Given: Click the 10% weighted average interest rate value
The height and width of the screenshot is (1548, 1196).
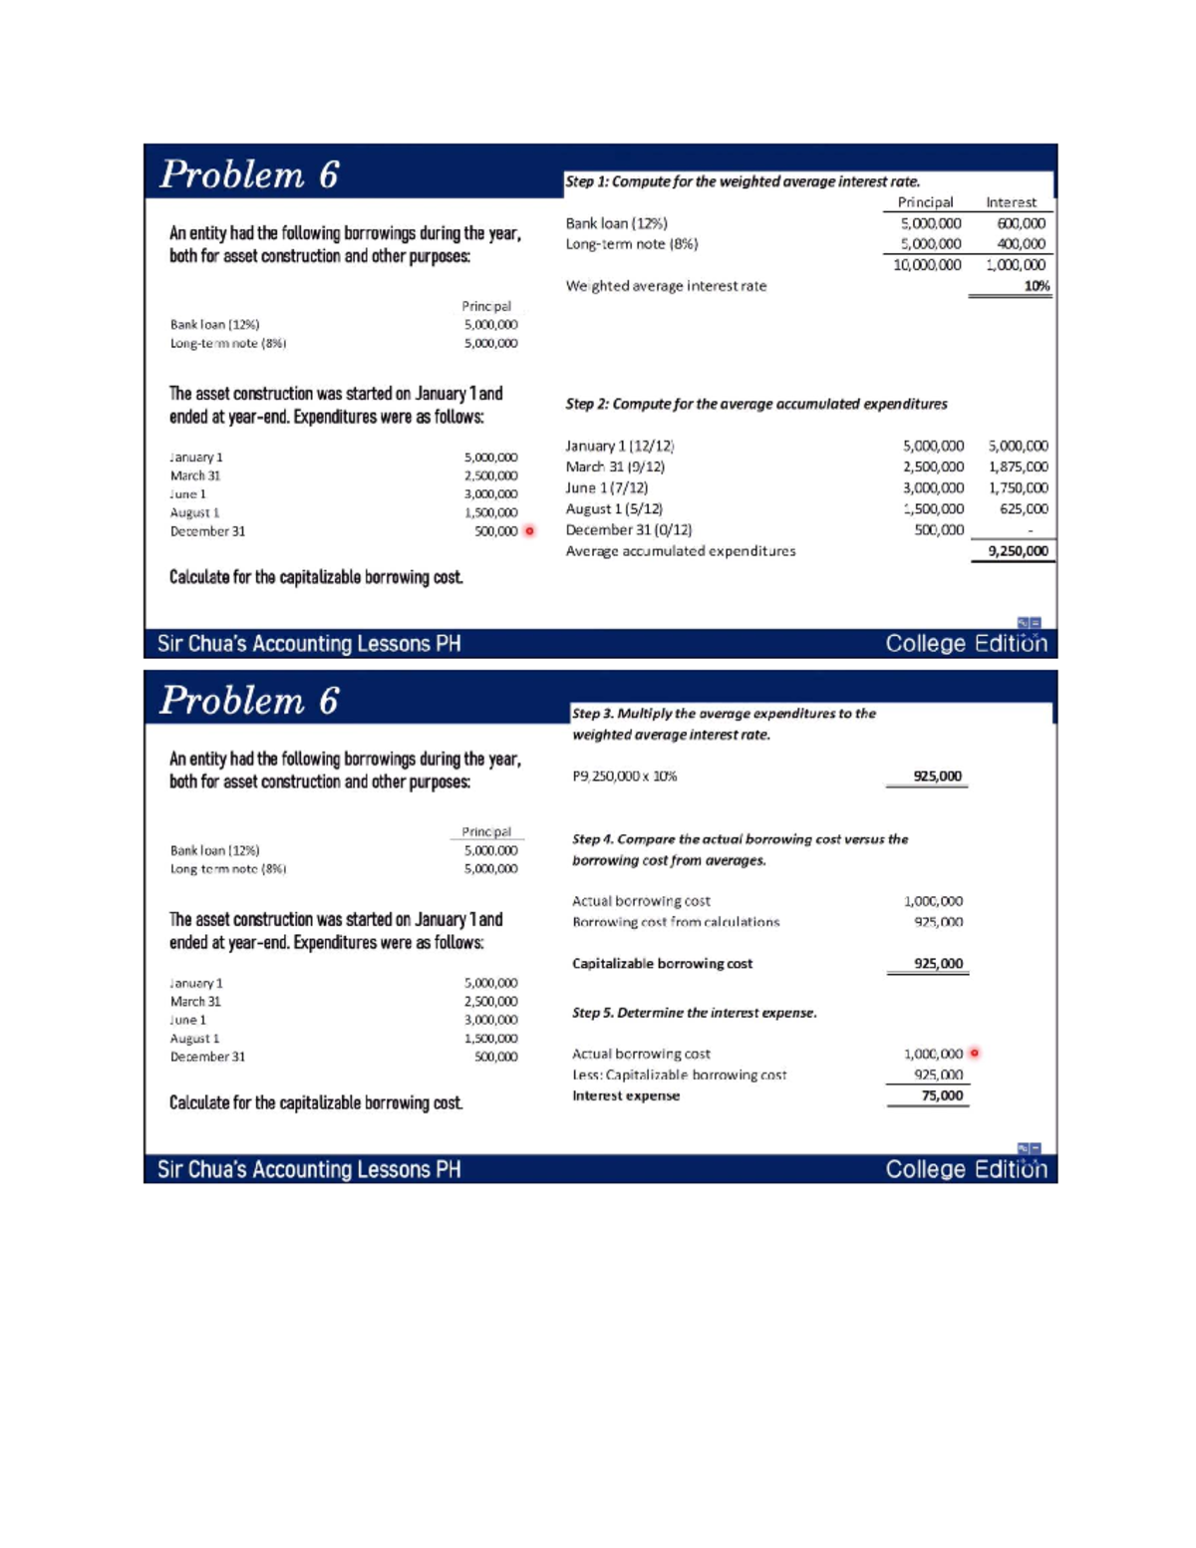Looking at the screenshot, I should [1037, 286].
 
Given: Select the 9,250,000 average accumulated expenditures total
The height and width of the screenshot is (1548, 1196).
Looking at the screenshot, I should [1018, 551].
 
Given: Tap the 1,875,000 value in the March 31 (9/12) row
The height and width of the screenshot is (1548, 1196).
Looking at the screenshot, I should [1018, 466].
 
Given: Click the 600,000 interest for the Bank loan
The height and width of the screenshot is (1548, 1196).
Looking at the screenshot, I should [1022, 224].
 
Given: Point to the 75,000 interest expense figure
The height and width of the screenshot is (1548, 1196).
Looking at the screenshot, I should [942, 1095].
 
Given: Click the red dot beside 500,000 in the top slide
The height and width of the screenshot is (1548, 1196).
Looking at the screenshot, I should [529, 531].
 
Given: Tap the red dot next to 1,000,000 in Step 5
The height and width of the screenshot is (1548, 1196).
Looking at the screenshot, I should [975, 1054].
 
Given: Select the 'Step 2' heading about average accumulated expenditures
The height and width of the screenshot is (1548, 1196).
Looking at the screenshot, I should [755, 404].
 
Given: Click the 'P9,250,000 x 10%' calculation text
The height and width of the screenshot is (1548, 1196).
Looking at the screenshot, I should [624, 776].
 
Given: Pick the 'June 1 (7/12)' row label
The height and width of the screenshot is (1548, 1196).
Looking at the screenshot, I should [606, 487].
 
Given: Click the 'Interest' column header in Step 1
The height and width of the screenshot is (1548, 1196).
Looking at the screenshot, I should [1011, 202].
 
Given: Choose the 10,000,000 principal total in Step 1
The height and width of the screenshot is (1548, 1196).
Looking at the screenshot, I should [927, 265].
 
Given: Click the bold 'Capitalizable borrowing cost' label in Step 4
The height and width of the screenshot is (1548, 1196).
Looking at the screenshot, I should [662, 964].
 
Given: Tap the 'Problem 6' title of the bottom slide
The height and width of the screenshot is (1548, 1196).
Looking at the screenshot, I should [249, 701].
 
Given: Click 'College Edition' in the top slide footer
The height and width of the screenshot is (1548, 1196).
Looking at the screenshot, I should [966, 644].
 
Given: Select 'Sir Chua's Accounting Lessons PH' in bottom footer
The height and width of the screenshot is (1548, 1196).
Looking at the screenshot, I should [309, 1169].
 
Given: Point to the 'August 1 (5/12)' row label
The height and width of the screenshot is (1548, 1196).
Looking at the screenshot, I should [614, 509].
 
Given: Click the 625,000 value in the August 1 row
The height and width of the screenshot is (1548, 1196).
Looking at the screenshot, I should [1024, 509].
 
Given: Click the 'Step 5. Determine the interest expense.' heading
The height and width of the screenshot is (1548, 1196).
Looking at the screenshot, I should [694, 1013].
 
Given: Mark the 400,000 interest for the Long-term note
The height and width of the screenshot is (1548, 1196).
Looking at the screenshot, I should [1022, 244].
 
